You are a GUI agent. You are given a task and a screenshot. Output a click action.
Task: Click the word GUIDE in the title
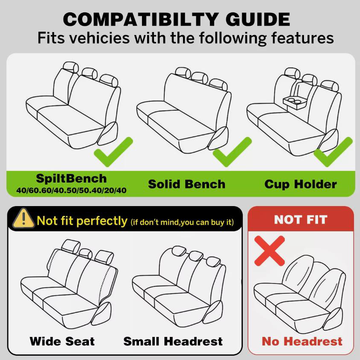pos(258,20)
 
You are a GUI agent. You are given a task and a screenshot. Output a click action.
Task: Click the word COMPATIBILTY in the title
pos(140,20)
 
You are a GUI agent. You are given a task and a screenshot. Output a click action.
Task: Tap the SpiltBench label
pos(71,179)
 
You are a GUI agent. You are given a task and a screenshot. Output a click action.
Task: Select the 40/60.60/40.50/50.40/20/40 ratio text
pos(71,190)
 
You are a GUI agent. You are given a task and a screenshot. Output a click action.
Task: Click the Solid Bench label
pos(187,184)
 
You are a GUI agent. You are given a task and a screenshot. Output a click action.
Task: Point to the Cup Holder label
pos(301,184)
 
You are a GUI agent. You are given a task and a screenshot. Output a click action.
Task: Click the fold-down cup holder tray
pos(295,103)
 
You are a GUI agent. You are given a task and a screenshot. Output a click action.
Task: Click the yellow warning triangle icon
pos(24,218)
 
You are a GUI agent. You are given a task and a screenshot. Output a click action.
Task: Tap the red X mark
pos(270,251)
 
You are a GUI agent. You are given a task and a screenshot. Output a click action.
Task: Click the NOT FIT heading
pos(301,220)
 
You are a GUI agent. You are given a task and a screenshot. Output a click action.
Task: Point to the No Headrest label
pos(302,342)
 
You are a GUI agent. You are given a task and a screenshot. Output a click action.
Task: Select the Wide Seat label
pos(62,342)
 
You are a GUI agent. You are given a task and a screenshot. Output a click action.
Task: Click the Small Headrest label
pos(173,342)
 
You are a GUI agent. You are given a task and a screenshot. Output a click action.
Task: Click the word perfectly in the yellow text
pos(102,221)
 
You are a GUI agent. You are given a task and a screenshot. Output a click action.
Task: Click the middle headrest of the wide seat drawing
pos(86,254)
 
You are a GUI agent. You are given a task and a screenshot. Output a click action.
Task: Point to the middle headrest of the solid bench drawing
pos(199,78)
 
